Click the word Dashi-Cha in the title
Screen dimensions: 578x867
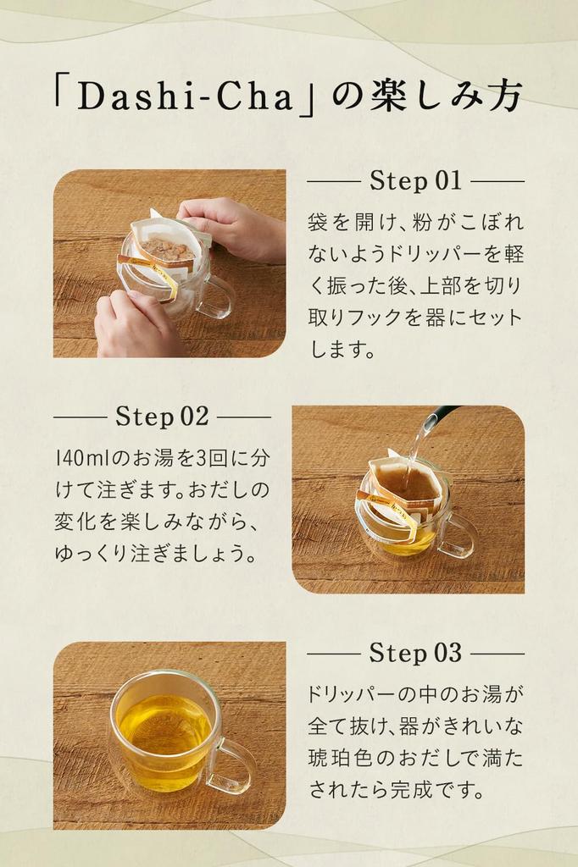(x=185, y=97)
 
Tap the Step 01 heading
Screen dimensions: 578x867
(x=415, y=181)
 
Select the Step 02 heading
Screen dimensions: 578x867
(x=162, y=417)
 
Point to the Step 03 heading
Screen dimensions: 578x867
(x=415, y=653)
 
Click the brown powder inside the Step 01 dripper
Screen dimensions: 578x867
(x=166, y=250)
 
